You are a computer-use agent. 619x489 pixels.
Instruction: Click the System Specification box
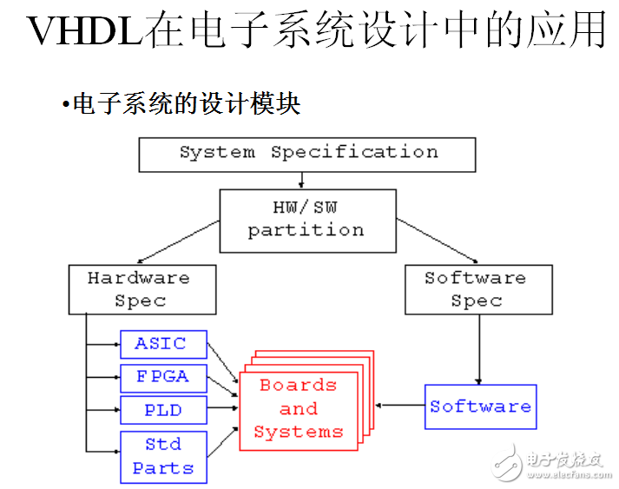click(x=307, y=154)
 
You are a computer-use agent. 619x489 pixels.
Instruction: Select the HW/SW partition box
click(x=306, y=219)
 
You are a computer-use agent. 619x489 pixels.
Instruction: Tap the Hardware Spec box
click(x=142, y=289)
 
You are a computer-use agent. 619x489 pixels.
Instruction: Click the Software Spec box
click(x=476, y=289)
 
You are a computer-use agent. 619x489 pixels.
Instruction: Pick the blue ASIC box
click(x=163, y=344)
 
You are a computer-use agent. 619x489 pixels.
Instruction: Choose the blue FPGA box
click(x=163, y=378)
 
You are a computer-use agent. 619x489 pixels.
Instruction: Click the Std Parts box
click(x=163, y=456)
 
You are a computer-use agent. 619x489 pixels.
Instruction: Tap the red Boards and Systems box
click(x=298, y=408)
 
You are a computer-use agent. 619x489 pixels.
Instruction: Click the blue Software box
click(x=480, y=406)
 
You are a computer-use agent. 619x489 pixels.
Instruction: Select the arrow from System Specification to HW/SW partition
click(x=301, y=181)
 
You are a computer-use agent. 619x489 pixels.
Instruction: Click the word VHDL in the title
click(x=83, y=32)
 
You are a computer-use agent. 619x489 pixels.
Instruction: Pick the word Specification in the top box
click(x=354, y=153)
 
